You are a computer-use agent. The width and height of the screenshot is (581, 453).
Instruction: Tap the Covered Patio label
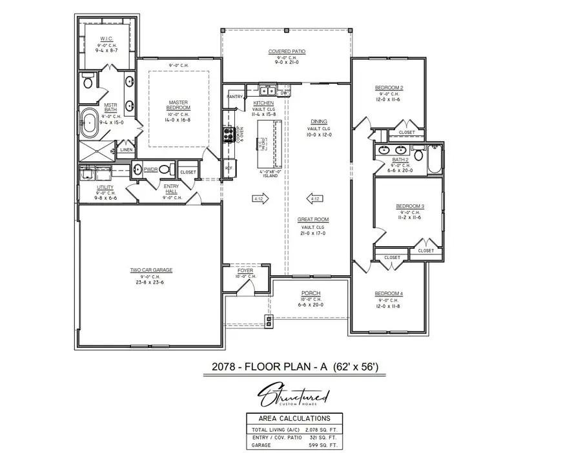pos(287,51)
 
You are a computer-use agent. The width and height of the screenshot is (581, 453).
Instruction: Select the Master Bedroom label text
pos(178,104)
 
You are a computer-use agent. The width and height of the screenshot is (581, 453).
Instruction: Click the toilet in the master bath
pos(88,81)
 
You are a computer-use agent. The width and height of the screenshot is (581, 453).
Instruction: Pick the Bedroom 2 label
pos(389,88)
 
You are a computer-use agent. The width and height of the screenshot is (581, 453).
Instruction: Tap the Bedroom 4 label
pos(389,294)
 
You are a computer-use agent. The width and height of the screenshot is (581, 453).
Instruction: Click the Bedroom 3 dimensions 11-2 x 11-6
pos(409,218)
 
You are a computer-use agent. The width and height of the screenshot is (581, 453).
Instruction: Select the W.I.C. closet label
pos(107,39)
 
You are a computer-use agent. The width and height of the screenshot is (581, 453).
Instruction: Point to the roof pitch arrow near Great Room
pos(316,199)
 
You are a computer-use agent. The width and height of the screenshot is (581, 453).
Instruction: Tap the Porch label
pos(311,293)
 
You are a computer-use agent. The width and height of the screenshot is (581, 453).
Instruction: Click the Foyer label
pos(245,271)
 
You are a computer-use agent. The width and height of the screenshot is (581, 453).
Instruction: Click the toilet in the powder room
pos(165,169)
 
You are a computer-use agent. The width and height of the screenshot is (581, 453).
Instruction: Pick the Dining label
pos(319,122)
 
